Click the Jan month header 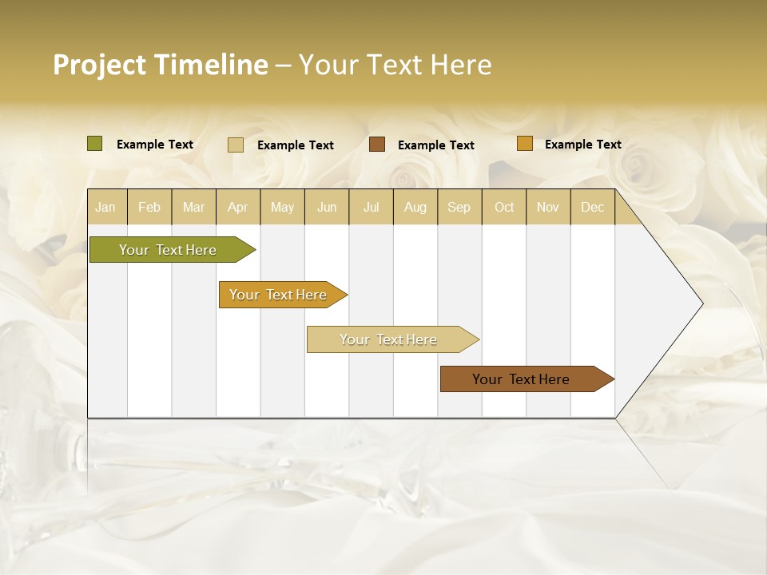coord(105,207)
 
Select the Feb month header coord(149,207)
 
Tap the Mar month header coord(193,207)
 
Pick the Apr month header coord(238,207)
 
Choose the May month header coord(282,207)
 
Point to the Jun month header coord(327,207)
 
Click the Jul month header coord(371,207)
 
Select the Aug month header coord(415,207)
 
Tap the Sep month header coord(459,207)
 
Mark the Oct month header coord(504,207)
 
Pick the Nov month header coord(548,207)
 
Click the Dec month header coord(592,207)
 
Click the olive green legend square coord(95,144)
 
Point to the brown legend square coord(377,145)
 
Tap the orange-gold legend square coord(524,144)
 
